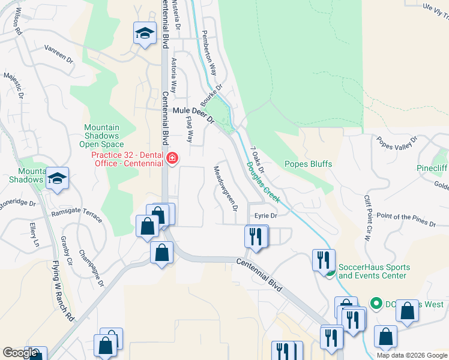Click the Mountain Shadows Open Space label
(101, 136)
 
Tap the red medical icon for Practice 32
(172, 158)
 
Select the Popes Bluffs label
(308, 164)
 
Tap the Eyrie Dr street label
(265, 215)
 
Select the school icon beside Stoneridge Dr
(57, 178)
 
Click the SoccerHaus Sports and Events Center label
(375, 271)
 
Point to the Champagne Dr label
(91, 268)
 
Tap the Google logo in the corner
(20, 353)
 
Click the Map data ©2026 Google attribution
(412, 355)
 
